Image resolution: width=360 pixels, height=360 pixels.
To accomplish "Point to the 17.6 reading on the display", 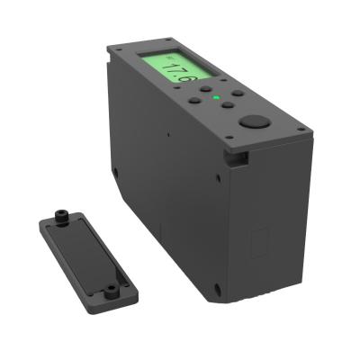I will [x=172, y=74].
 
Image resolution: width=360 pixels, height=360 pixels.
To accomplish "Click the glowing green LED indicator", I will [x=216, y=97].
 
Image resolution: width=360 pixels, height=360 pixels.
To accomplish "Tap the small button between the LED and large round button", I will [x=229, y=105].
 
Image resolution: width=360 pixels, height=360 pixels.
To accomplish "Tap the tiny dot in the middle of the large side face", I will [x=168, y=136].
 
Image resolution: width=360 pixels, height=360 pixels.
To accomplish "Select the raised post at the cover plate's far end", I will [x=60, y=216].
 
